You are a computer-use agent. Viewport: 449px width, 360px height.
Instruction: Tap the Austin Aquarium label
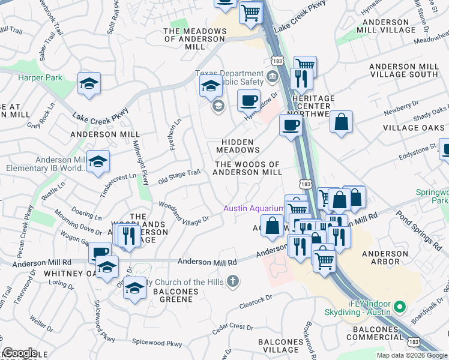pyautogui.click(x=253, y=208)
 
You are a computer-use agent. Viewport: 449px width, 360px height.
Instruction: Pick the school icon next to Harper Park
pyautogui.click(x=89, y=84)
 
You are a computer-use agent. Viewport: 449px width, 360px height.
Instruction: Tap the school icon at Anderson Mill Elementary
pyautogui.click(x=98, y=162)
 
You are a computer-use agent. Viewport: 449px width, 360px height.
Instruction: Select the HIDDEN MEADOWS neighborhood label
pyautogui.click(x=238, y=145)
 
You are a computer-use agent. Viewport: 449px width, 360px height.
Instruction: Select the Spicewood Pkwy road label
pyautogui.click(x=157, y=344)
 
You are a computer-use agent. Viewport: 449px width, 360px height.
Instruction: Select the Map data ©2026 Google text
pyautogui.click(x=411, y=355)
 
